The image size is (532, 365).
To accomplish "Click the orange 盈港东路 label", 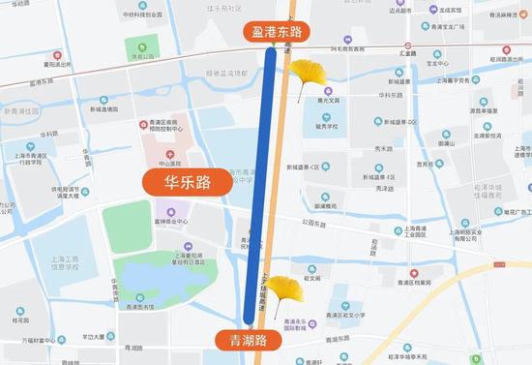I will point(277,33).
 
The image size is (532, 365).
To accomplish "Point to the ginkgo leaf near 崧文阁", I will point(281,288).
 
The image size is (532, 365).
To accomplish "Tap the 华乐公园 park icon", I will point(141,46).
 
